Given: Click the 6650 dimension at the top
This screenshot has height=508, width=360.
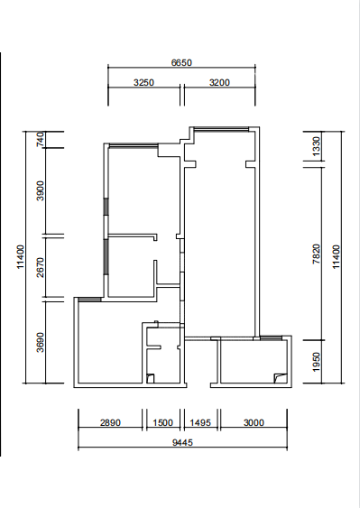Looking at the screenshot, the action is (181, 62).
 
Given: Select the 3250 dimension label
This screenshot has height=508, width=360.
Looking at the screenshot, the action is (143, 82).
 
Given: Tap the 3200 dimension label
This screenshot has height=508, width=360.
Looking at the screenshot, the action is (219, 82).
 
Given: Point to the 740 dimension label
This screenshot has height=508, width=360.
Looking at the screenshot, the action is (41, 139).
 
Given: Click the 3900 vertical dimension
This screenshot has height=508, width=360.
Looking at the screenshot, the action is (41, 190).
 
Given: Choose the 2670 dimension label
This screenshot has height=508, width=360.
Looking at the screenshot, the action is (41, 267).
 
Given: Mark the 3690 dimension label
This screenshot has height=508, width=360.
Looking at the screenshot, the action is (41, 342).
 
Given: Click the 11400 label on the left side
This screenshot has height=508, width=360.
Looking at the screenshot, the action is (21, 256).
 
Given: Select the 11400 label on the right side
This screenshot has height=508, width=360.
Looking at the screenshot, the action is (337, 256).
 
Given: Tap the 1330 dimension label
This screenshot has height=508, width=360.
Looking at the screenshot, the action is (317, 146).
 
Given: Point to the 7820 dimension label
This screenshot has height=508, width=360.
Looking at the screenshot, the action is (317, 254).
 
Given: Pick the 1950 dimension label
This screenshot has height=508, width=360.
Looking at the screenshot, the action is (317, 362).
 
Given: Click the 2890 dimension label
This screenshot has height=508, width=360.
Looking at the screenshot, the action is (110, 422).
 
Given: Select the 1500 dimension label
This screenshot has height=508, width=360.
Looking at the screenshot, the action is (162, 422).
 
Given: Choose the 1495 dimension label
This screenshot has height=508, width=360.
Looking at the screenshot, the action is (200, 422).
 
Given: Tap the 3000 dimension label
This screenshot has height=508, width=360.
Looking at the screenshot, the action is (254, 422).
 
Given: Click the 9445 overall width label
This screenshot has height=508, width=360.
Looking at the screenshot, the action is (182, 442).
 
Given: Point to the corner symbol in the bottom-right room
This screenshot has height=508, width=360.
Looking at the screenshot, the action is (281, 378).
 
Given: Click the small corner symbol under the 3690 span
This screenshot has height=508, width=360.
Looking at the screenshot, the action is (151, 378).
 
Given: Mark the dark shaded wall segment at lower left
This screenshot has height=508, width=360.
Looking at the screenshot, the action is (89, 300).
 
